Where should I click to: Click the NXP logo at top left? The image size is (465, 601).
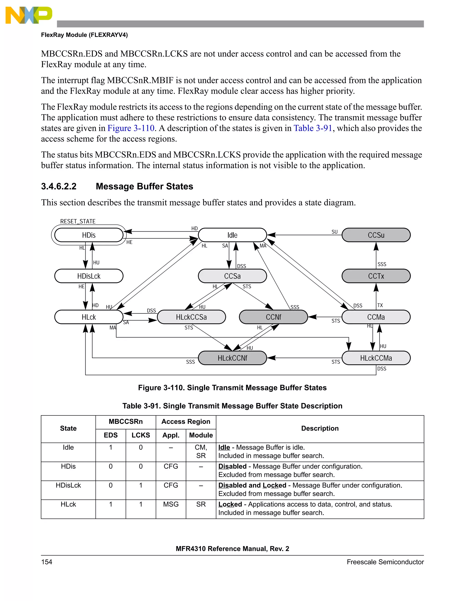click(29, 15)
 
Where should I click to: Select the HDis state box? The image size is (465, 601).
click(89, 235)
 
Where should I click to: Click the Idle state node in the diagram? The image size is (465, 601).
click(232, 235)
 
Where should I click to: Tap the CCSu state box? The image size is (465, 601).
click(376, 235)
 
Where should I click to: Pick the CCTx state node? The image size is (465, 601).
click(376, 276)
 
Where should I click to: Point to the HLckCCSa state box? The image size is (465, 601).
click(191, 317)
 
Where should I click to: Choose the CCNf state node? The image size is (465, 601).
click(273, 317)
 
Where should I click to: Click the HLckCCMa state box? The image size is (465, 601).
click(376, 358)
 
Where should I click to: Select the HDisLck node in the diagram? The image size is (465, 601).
click(89, 276)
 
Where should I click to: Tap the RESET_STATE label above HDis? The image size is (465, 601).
click(78, 221)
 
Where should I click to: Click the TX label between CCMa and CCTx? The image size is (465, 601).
click(380, 305)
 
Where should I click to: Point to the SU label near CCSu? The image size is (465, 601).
click(334, 232)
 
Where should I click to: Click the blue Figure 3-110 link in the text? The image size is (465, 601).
click(131, 128)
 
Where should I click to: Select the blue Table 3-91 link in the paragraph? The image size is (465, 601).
click(313, 128)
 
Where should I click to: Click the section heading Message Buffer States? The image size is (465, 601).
click(144, 186)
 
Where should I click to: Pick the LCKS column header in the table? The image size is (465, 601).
click(141, 435)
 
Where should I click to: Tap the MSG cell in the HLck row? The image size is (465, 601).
click(171, 504)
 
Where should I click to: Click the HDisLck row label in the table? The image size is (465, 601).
click(68, 485)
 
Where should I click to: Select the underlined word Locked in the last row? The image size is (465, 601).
click(230, 504)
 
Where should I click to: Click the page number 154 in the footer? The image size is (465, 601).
click(47, 562)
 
